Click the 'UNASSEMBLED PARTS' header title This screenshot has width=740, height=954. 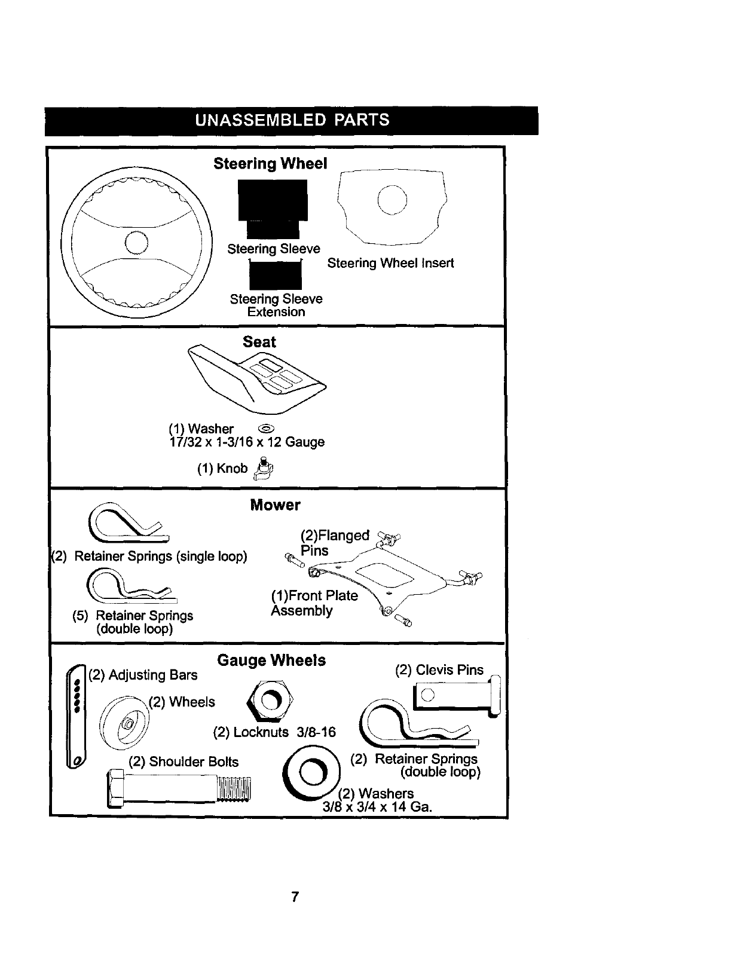point(292,120)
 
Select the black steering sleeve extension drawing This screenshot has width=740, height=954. point(276,275)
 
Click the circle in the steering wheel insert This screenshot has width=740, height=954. point(392,201)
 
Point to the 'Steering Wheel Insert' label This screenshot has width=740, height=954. point(390,263)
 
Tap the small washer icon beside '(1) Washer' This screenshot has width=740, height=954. point(267,429)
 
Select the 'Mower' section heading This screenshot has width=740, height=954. point(275,505)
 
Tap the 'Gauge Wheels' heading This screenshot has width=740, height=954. point(271,661)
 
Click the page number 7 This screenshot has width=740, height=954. point(295,897)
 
